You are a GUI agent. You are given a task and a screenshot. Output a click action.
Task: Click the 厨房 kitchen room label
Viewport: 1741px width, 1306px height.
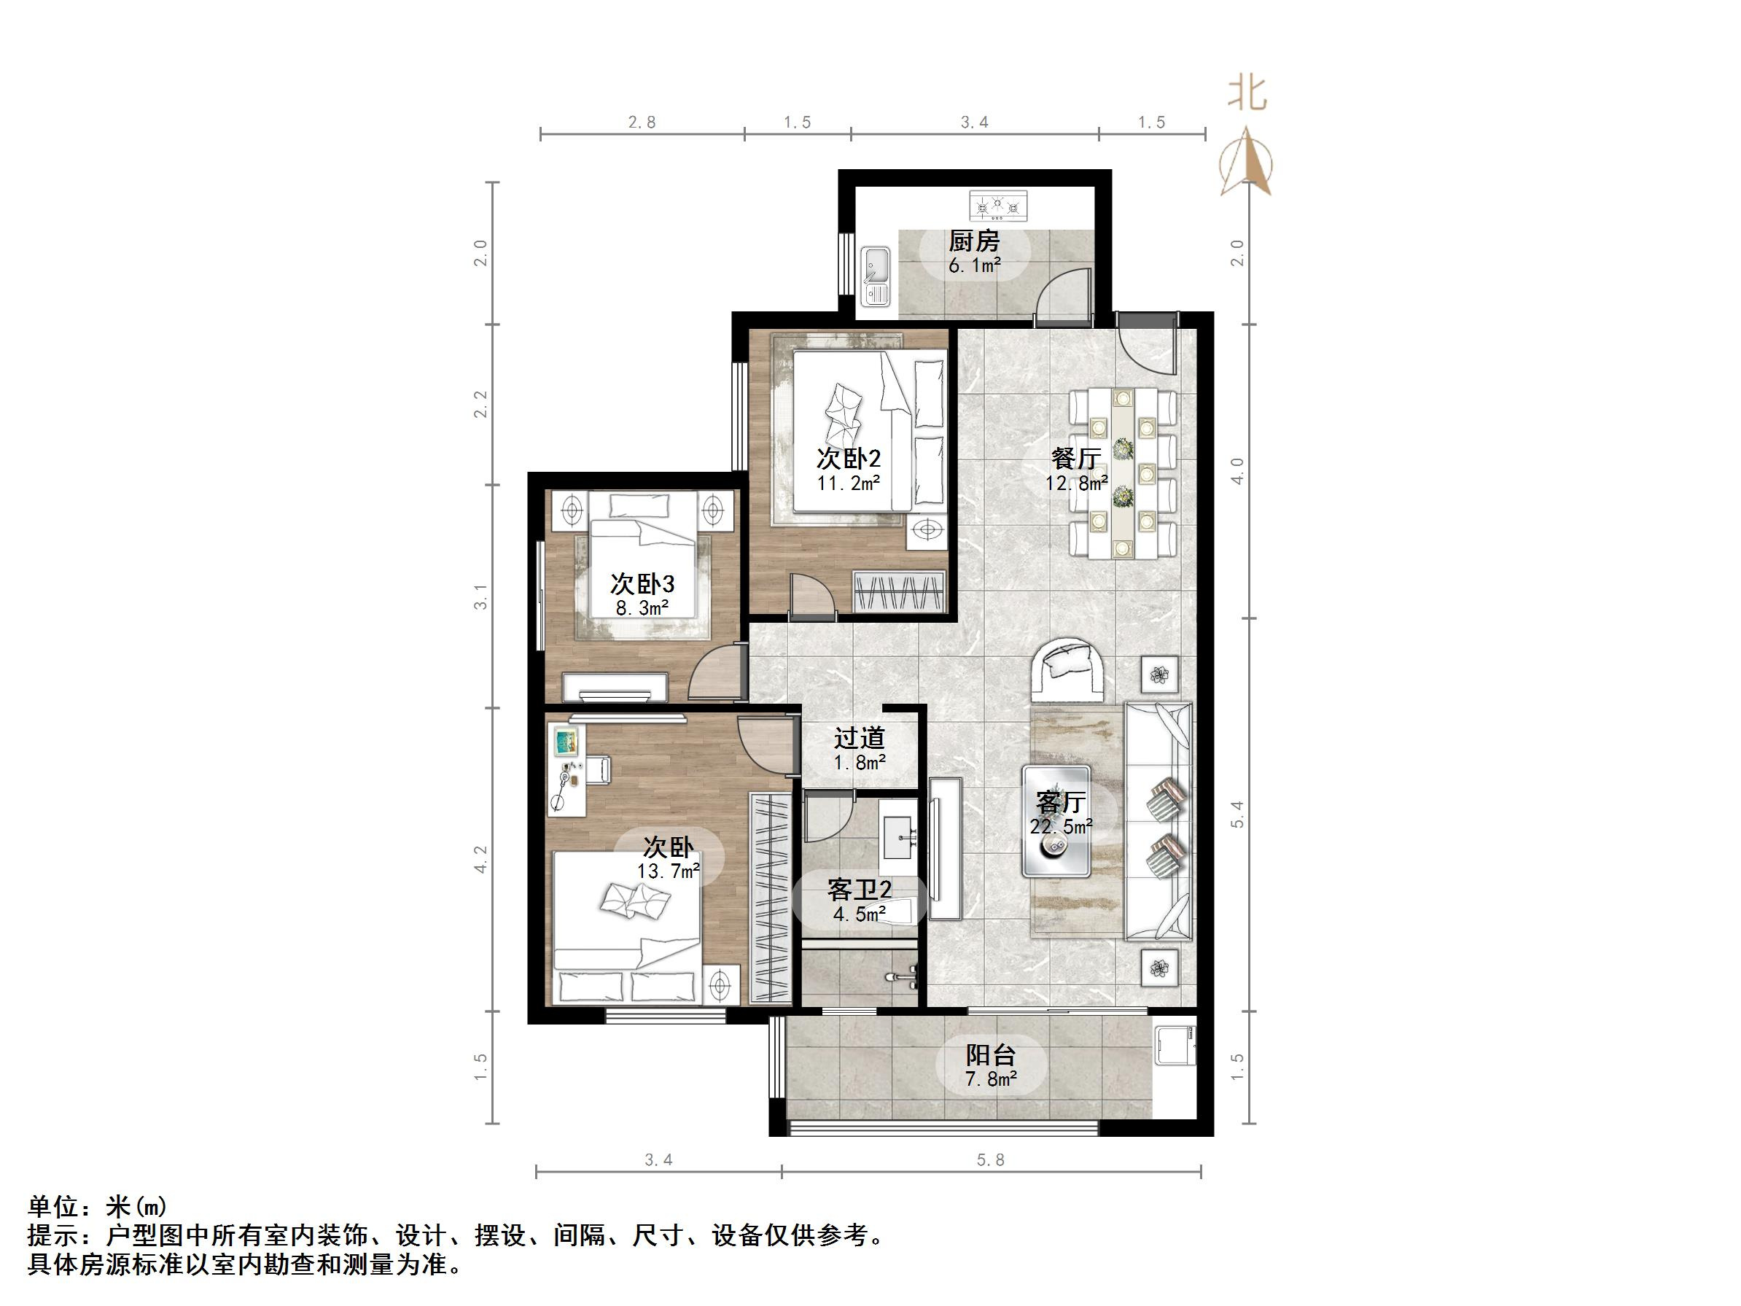(973, 240)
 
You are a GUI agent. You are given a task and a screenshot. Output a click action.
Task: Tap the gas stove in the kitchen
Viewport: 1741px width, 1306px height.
(997, 206)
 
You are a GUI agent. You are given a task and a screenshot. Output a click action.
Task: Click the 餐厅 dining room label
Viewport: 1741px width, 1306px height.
(1075, 458)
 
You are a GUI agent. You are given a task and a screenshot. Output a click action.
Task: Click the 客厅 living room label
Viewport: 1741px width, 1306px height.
(1060, 802)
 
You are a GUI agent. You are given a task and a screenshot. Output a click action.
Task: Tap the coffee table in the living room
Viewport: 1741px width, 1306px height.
(1056, 821)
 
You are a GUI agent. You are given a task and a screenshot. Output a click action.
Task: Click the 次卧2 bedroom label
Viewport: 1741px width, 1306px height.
(848, 458)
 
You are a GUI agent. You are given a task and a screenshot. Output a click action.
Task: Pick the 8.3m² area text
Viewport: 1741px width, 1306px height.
(642, 607)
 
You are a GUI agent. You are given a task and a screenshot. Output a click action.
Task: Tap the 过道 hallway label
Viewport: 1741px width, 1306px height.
(860, 738)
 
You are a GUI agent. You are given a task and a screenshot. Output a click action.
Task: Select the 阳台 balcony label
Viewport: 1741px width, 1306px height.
(990, 1055)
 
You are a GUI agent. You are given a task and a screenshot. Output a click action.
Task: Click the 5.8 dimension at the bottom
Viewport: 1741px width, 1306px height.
(990, 1159)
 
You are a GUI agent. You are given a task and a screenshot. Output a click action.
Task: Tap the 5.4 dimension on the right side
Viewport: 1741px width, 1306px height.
(1237, 815)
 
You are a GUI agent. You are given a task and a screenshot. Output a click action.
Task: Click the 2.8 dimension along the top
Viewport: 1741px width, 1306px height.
(642, 122)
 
